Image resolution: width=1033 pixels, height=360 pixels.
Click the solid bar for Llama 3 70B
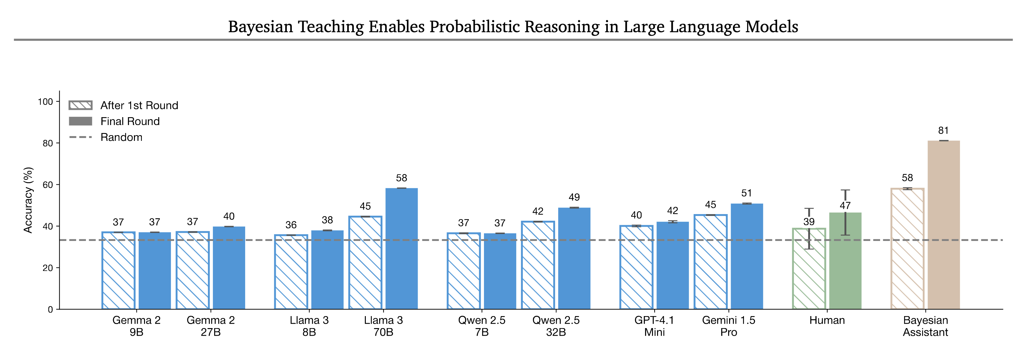point(402,249)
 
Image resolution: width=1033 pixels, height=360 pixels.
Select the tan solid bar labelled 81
point(944,225)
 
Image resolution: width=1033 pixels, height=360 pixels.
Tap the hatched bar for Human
point(809,269)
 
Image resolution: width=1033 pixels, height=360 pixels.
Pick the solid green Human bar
point(845,261)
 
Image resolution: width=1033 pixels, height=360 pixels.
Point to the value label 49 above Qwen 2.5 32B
point(574,197)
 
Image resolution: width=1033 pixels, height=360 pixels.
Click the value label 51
point(746,193)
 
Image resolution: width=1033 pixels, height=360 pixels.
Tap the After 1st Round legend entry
point(124,105)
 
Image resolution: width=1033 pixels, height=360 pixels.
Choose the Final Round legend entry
point(114,122)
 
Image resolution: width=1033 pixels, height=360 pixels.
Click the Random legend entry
point(106,137)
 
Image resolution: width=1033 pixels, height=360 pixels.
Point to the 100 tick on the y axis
point(45,102)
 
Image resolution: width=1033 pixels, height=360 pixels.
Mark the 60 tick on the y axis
point(48,185)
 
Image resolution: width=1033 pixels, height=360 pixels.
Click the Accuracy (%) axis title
point(28,200)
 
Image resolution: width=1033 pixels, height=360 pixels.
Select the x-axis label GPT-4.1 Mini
point(654,326)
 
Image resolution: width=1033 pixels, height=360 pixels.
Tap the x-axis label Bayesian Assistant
point(925,326)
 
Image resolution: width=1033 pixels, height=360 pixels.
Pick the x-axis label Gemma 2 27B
point(210,326)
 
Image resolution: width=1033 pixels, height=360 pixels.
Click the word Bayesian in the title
point(260,27)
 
